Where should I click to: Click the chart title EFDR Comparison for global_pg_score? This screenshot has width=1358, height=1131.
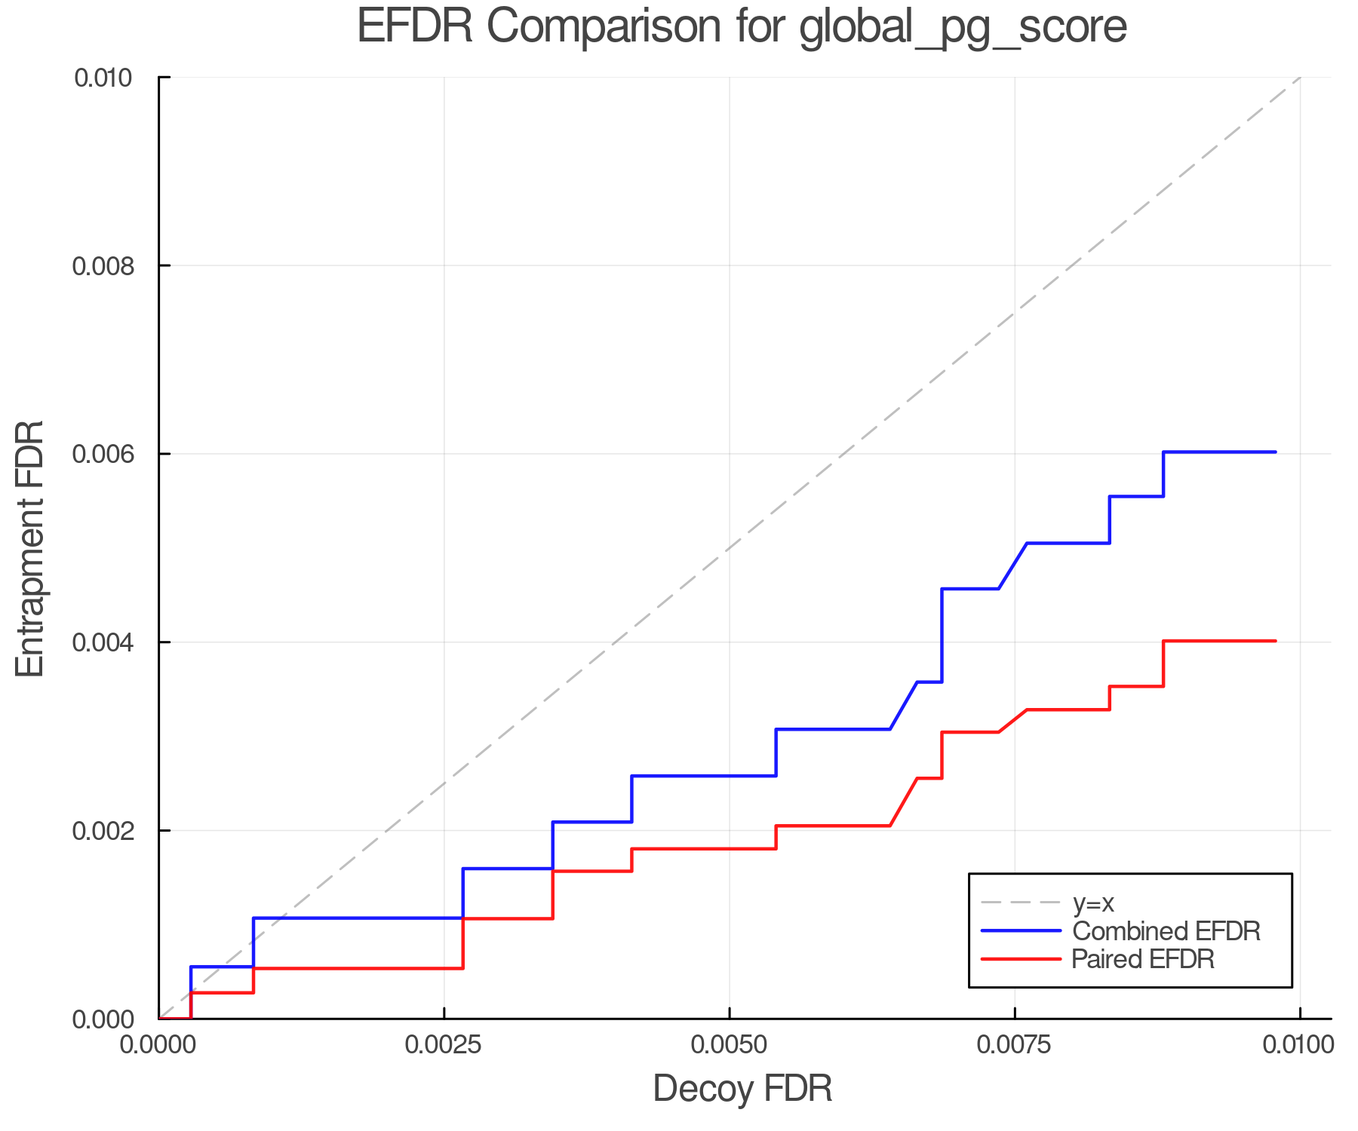pyautogui.click(x=742, y=26)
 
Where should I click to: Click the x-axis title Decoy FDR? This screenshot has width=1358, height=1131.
pyautogui.click(x=742, y=1088)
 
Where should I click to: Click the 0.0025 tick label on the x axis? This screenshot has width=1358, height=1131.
pyautogui.click(x=444, y=1044)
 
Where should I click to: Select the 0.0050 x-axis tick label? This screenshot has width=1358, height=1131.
pyautogui.click(x=729, y=1044)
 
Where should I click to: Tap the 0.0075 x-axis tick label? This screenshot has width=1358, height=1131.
pyautogui.click(x=1014, y=1044)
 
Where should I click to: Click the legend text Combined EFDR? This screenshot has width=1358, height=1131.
pyautogui.click(x=1166, y=931)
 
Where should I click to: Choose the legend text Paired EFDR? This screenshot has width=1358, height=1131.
pyautogui.click(x=1143, y=959)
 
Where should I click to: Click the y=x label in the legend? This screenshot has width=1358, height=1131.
pyautogui.click(x=1093, y=903)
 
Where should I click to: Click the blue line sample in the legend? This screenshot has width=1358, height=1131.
pyautogui.click(x=1021, y=931)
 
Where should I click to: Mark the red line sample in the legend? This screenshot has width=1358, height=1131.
pyautogui.click(x=1021, y=959)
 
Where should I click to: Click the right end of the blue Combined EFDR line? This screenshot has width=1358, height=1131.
pyautogui.click(x=1275, y=452)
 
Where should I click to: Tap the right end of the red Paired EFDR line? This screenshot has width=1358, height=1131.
pyautogui.click(x=1275, y=641)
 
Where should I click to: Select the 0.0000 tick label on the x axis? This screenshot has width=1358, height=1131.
pyautogui.click(x=158, y=1044)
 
